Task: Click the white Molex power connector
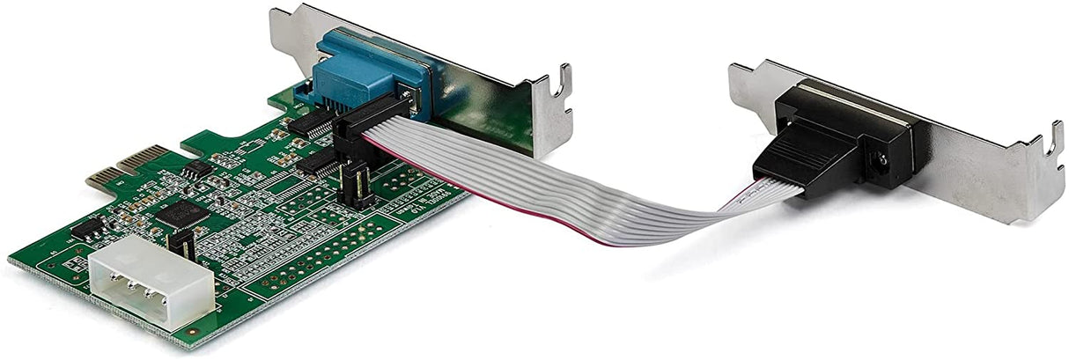(150, 282)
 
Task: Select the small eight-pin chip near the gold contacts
(197, 168)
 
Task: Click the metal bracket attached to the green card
(493, 97)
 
